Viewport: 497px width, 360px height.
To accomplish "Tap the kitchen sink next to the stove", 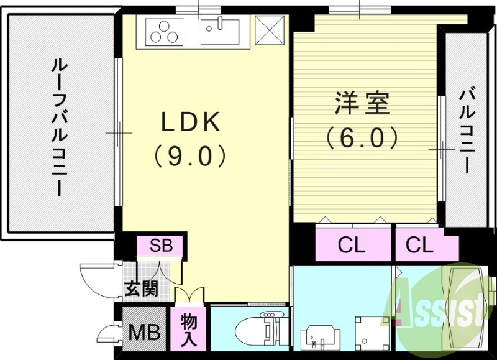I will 219,31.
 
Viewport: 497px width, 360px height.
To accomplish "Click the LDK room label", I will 191,123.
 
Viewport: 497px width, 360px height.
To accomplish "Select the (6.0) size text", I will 362,137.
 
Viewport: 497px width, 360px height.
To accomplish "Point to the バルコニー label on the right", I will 467,131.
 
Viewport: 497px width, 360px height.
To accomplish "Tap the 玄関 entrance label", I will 140,288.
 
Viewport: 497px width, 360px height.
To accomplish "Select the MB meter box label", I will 144,331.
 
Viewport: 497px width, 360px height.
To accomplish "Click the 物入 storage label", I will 190,330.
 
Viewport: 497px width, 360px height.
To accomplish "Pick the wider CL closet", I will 352,246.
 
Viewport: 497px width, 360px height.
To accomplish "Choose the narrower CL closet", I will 419,246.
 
